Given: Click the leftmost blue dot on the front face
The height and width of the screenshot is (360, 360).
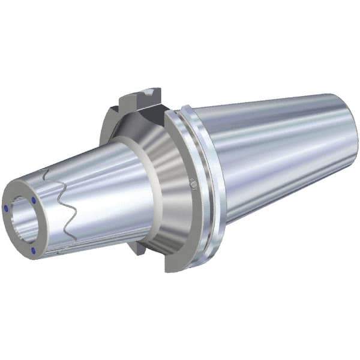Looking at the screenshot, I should click(6, 208).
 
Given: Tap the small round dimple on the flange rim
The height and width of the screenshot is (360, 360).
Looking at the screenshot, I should click(194, 183).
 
